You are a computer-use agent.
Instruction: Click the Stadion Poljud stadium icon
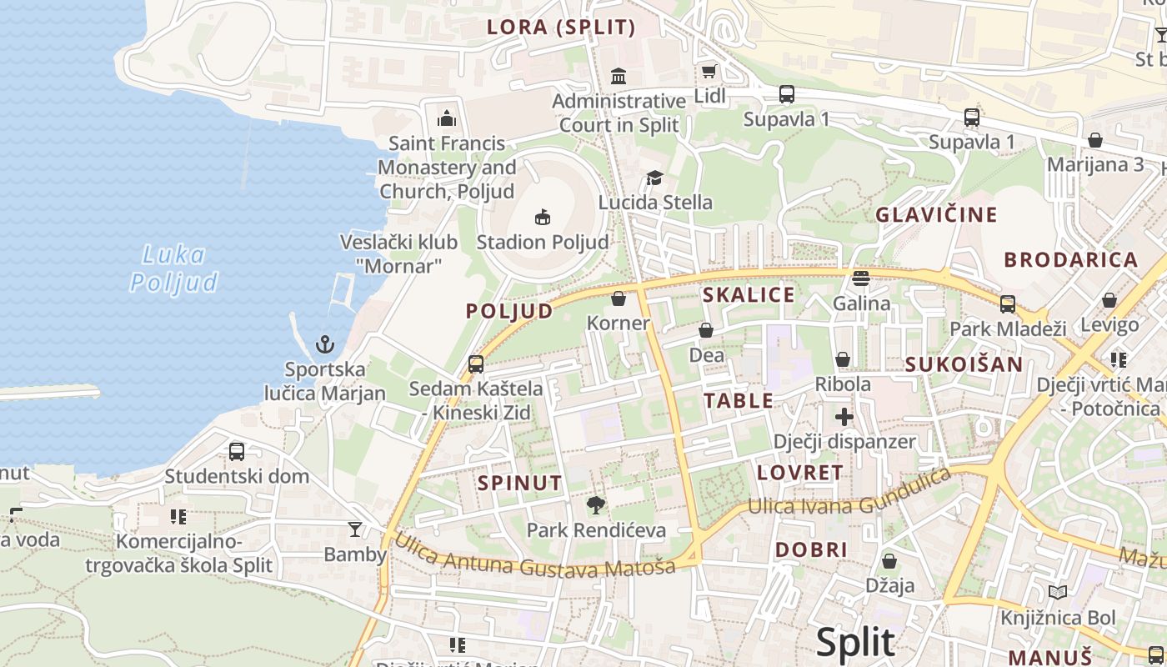pyautogui.click(x=543, y=218)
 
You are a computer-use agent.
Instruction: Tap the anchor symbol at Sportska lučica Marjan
pyautogui.click(x=325, y=344)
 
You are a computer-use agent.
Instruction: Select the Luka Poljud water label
pyautogui.click(x=173, y=268)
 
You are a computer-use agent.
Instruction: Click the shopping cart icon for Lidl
pyautogui.click(x=709, y=72)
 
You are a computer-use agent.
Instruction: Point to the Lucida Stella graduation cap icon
pyautogui.click(x=654, y=178)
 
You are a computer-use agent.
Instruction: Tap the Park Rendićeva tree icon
pyautogui.click(x=595, y=504)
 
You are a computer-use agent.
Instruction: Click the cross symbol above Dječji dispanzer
pyautogui.click(x=844, y=416)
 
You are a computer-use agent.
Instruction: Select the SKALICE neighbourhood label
pyautogui.click(x=749, y=294)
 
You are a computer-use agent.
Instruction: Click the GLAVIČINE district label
pyautogui.click(x=936, y=215)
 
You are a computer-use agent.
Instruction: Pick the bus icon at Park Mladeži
pyautogui.click(x=1008, y=304)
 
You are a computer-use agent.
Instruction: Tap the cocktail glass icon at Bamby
pyautogui.click(x=355, y=529)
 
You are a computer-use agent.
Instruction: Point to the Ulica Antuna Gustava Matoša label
pyautogui.click(x=533, y=557)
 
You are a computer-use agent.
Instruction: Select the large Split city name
pyautogui.click(x=855, y=642)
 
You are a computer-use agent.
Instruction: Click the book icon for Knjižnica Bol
pyautogui.click(x=1058, y=593)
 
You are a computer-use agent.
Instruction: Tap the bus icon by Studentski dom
pyautogui.click(x=237, y=452)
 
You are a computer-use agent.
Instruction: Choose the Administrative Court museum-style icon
pyautogui.click(x=619, y=77)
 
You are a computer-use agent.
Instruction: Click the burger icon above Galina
pyautogui.click(x=861, y=278)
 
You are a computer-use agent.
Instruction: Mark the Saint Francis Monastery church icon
pyautogui.click(x=447, y=118)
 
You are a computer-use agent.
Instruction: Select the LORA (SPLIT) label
pyautogui.click(x=561, y=28)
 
